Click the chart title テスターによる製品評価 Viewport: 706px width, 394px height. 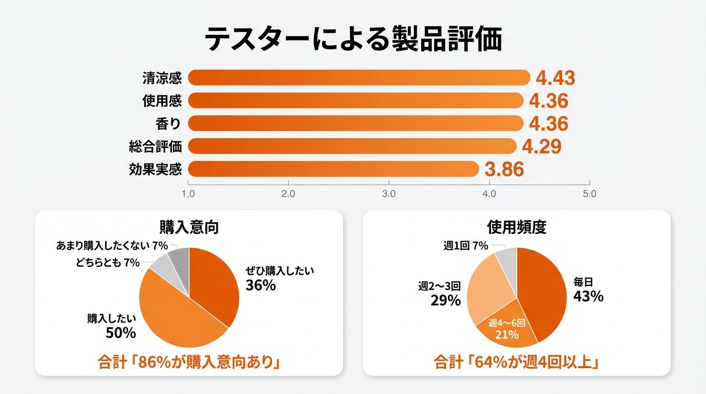coord(353,40)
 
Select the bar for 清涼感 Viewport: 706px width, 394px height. coord(359,77)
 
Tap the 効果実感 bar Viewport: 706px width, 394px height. coord(334,168)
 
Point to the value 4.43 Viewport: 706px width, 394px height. coord(555,78)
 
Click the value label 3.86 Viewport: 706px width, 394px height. coord(504,169)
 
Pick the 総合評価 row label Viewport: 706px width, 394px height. coord(155,146)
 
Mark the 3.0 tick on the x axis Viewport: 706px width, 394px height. coord(389,194)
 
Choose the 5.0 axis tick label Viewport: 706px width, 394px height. coord(590,194)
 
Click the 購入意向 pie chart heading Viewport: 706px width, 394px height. coord(189,227)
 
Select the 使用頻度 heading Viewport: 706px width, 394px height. coord(516,227)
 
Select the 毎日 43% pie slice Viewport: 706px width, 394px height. coord(544,292)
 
